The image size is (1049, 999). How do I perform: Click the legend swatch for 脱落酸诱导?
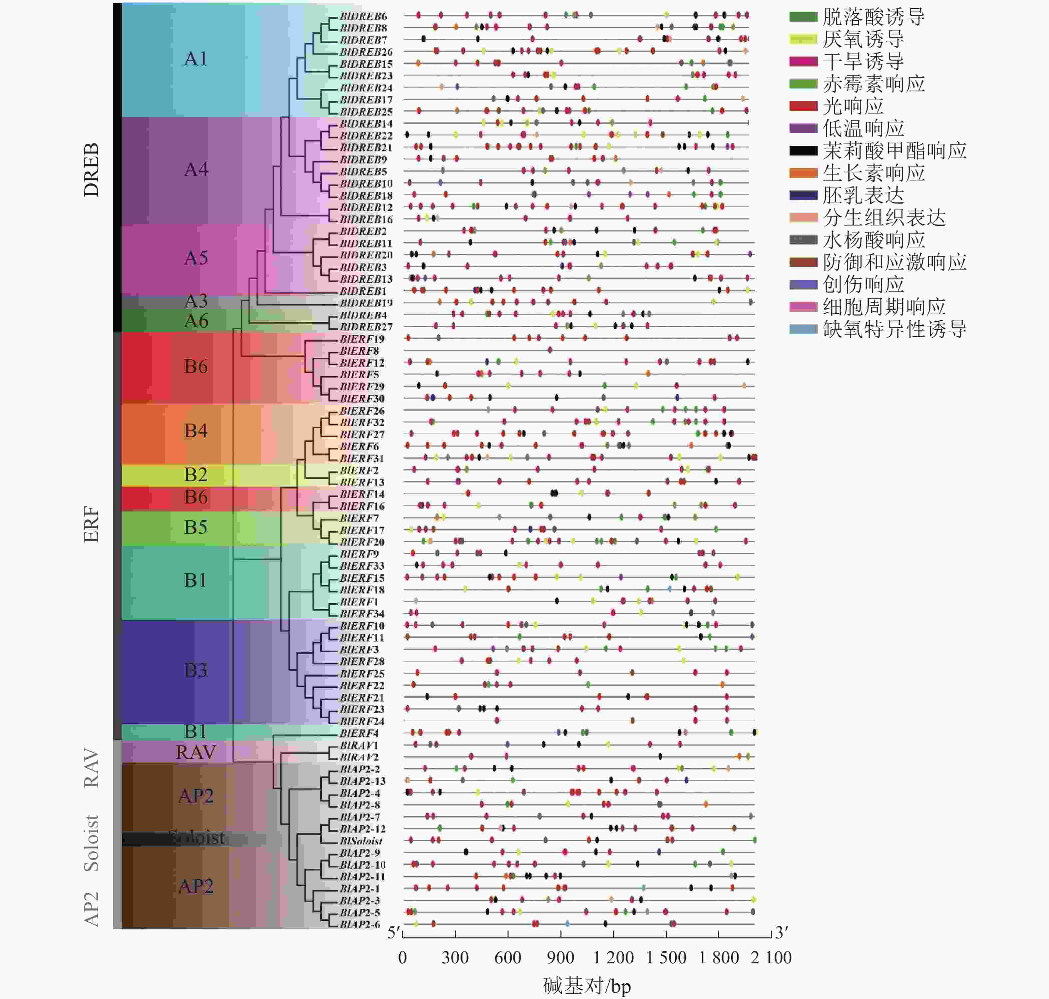click(x=803, y=17)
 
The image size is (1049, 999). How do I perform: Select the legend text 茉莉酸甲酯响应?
click(x=894, y=151)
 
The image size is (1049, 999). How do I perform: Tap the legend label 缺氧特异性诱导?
click(x=894, y=329)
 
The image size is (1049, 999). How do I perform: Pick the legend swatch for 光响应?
click(x=803, y=106)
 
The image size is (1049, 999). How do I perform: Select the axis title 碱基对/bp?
click(x=587, y=986)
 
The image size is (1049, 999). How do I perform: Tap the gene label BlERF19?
click(x=362, y=339)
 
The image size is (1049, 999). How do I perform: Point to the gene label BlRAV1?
click(x=359, y=746)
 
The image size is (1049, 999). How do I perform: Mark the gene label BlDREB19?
click(x=366, y=303)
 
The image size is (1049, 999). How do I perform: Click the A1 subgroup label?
click(x=195, y=59)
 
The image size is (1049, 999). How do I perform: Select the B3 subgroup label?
click(x=195, y=670)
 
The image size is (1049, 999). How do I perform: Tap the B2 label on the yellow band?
click(x=195, y=475)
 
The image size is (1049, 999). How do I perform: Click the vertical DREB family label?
click(x=92, y=169)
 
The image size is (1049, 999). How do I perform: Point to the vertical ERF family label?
click(x=92, y=524)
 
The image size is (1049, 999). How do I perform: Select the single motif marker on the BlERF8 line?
click(x=549, y=350)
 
